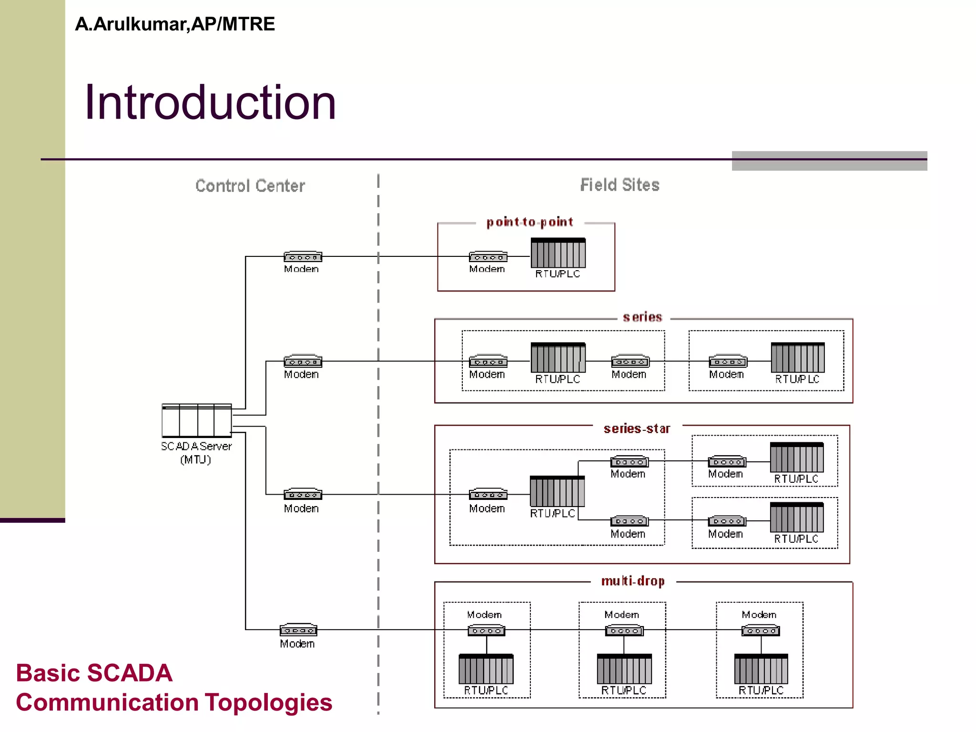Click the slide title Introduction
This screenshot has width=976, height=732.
pos(210,102)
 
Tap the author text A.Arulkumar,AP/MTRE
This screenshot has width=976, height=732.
pos(175,24)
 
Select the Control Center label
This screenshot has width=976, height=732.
pos(250,186)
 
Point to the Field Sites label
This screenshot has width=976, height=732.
pos(620,185)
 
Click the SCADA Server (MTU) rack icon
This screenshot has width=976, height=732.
pos(196,421)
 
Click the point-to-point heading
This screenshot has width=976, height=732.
pos(529,222)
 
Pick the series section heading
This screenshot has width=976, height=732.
pos(642,317)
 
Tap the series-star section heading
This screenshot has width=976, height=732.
pos(637,429)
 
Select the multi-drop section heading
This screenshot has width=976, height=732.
pos(633,581)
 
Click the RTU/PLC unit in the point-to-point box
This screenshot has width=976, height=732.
pos(558,253)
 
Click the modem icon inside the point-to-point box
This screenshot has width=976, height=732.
pos(488,257)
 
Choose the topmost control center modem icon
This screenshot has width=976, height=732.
pos(303,257)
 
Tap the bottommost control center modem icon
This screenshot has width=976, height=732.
pos(298,630)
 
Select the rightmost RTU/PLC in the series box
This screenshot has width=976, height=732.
pos(798,358)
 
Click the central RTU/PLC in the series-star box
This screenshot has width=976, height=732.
pos(557,491)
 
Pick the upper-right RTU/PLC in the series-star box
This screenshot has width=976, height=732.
pos(797,457)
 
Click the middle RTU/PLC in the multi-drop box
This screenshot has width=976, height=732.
pos(624,669)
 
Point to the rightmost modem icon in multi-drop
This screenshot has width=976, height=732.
pos(761,630)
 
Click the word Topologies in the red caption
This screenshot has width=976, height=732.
pos(268,702)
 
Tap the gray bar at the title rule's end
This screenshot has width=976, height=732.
pos(829,161)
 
